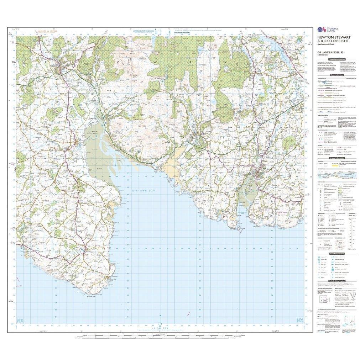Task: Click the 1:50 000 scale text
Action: (x=323, y=57)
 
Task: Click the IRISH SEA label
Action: (x=160, y=328)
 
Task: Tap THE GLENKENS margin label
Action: (x=254, y=35)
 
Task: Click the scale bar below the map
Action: (x=160, y=335)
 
